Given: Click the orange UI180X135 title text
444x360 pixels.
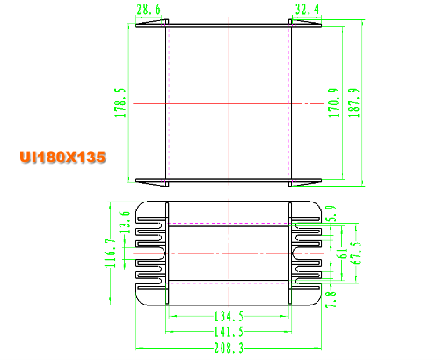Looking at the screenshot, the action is pyautogui.click(x=62, y=158).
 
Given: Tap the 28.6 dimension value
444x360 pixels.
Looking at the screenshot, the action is pyautogui.click(x=149, y=10).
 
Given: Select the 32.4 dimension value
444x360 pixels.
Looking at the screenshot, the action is pyautogui.click(x=307, y=10).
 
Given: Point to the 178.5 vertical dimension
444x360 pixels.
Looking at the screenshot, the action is pyautogui.click(x=120, y=103).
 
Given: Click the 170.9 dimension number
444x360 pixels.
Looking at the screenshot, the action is pyautogui.click(x=334, y=103).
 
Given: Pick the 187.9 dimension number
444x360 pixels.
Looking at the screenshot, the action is pyautogui.click(x=353, y=103).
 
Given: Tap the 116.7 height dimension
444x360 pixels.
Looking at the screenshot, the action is pyautogui.click(x=111, y=253).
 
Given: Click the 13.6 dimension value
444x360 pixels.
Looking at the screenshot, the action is pyautogui.click(x=125, y=222).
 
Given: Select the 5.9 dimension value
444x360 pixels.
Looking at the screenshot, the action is pyautogui.click(x=331, y=213).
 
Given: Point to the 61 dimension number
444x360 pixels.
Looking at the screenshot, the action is pyautogui.click(x=342, y=253).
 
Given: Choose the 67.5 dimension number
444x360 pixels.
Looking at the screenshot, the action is pyautogui.click(x=356, y=253).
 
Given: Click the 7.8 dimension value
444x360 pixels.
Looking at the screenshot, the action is pyautogui.click(x=331, y=299).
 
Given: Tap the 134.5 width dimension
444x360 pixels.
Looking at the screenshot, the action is pyautogui.click(x=229, y=316).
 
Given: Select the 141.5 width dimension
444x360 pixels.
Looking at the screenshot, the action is pyautogui.click(x=229, y=332).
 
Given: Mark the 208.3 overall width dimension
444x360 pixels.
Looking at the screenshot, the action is pyautogui.click(x=229, y=349).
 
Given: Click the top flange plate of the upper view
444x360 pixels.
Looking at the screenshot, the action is pyautogui.click(x=229, y=26).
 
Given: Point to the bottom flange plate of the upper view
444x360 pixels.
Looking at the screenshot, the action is pyautogui.click(x=229, y=180).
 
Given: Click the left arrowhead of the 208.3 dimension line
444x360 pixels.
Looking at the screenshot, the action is pyautogui.click(x=140, y=349).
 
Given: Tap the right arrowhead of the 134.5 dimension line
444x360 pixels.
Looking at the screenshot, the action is pyautogui.click(x=285, y=316).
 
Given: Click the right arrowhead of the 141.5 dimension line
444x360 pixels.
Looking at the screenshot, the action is pyautogui.click(x=288, y=332).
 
